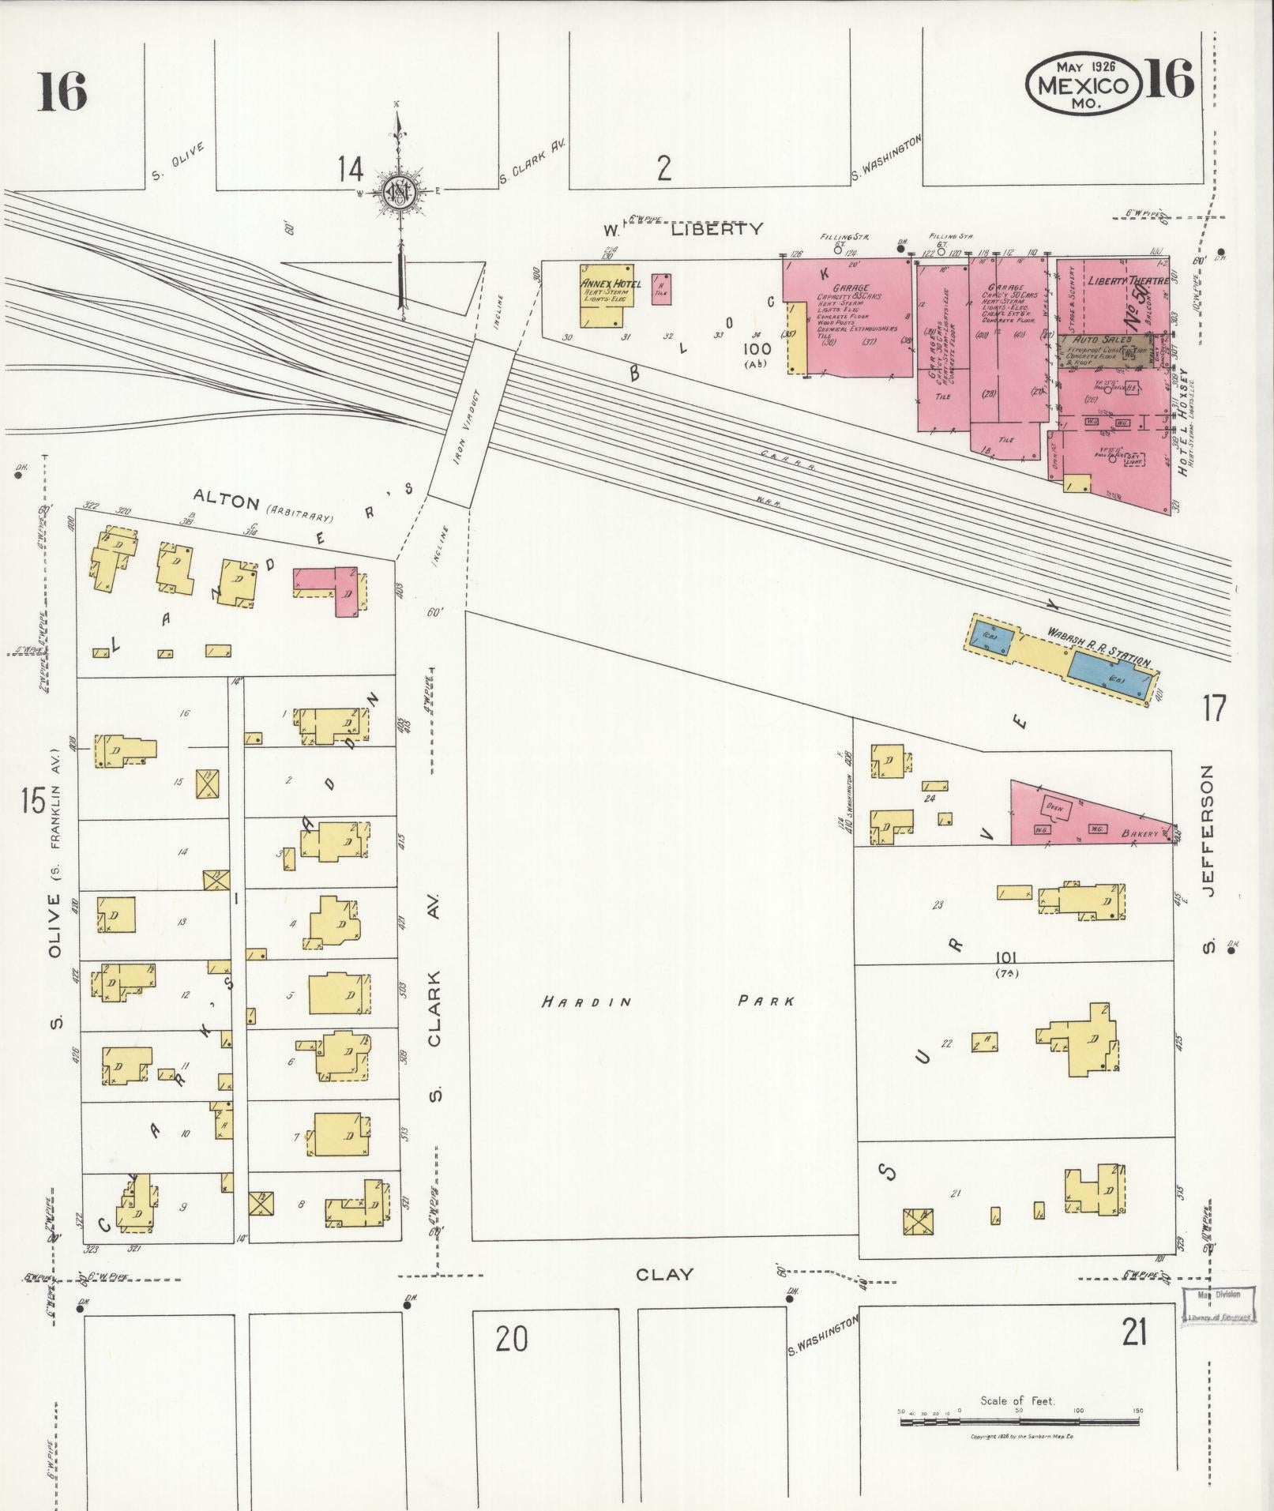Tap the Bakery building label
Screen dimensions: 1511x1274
tap(1139, 833)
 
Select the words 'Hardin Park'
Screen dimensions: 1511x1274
tap(667, 1002)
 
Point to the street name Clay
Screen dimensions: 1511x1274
tap(665, 1275)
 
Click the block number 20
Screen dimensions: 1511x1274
tap(511, 1339)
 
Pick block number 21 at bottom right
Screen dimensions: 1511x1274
tap(1133, 1334)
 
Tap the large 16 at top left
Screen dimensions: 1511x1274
tap(61, 92)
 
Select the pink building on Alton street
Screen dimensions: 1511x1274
tap(332, 588)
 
